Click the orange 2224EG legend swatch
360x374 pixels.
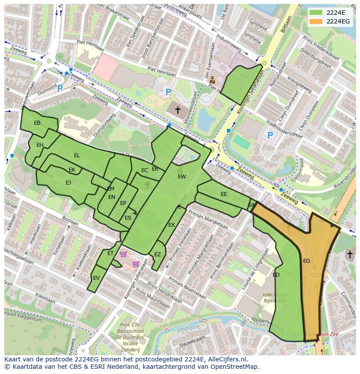[316, 21]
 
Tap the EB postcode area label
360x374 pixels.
[37, 123]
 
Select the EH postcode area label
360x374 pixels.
[40, 145]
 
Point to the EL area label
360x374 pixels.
[77, 156]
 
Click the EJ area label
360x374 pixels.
[68, 183]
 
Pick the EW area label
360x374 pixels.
[182, 177]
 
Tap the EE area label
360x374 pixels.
[224, 194]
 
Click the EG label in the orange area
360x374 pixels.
[307, 261]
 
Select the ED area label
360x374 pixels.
[276, 275]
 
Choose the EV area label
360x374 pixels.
[96, 278]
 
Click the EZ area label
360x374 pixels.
[157, 255]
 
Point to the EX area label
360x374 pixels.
[171, 225]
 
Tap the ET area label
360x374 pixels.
[110, 253]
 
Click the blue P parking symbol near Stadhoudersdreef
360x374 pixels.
[270, 136]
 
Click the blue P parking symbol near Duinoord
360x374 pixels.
[60, 88]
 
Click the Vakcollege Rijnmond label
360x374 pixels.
[274, 298]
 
